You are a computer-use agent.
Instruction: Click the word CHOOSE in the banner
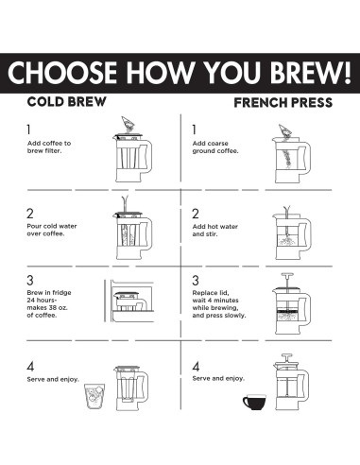pos(62,73)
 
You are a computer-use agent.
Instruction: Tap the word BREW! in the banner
pos(311,72)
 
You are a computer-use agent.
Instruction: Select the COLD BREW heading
pos(67,102)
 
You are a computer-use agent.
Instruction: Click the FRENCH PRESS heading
pos(283,103)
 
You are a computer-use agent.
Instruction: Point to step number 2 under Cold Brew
pos(30,214)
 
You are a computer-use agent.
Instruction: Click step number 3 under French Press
pos(196,280)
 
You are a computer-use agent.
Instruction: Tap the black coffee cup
pos(254,402)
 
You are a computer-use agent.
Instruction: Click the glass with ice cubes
pos(94,396)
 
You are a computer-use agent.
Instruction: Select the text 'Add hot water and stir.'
pos(215,231)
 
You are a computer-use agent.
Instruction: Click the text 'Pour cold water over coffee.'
pos(52,230)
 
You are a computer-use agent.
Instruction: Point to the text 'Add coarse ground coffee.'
pos(215,147)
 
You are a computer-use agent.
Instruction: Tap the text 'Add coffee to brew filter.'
pos(49,146)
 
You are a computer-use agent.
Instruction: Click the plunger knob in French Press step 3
pos(287,274)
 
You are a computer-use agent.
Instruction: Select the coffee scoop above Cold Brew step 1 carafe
pos(129,124)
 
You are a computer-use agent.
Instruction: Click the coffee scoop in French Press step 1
pos(284,131)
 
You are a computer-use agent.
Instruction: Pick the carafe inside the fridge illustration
pos(130,301)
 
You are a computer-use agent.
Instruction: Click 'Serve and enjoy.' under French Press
pos(218,378)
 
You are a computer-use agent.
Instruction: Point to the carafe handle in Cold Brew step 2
pos(146,232)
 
